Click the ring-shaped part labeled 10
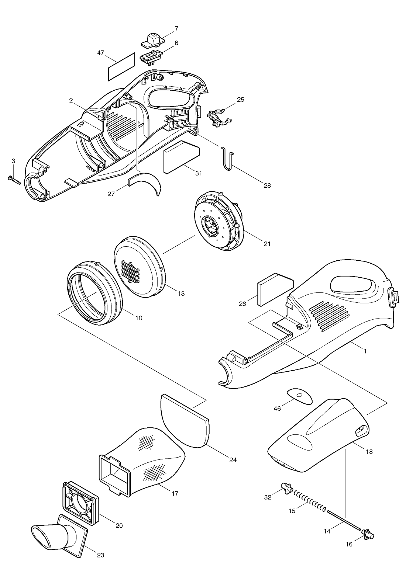click(x=94, y=292)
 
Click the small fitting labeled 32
click(x=286, y=487)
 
